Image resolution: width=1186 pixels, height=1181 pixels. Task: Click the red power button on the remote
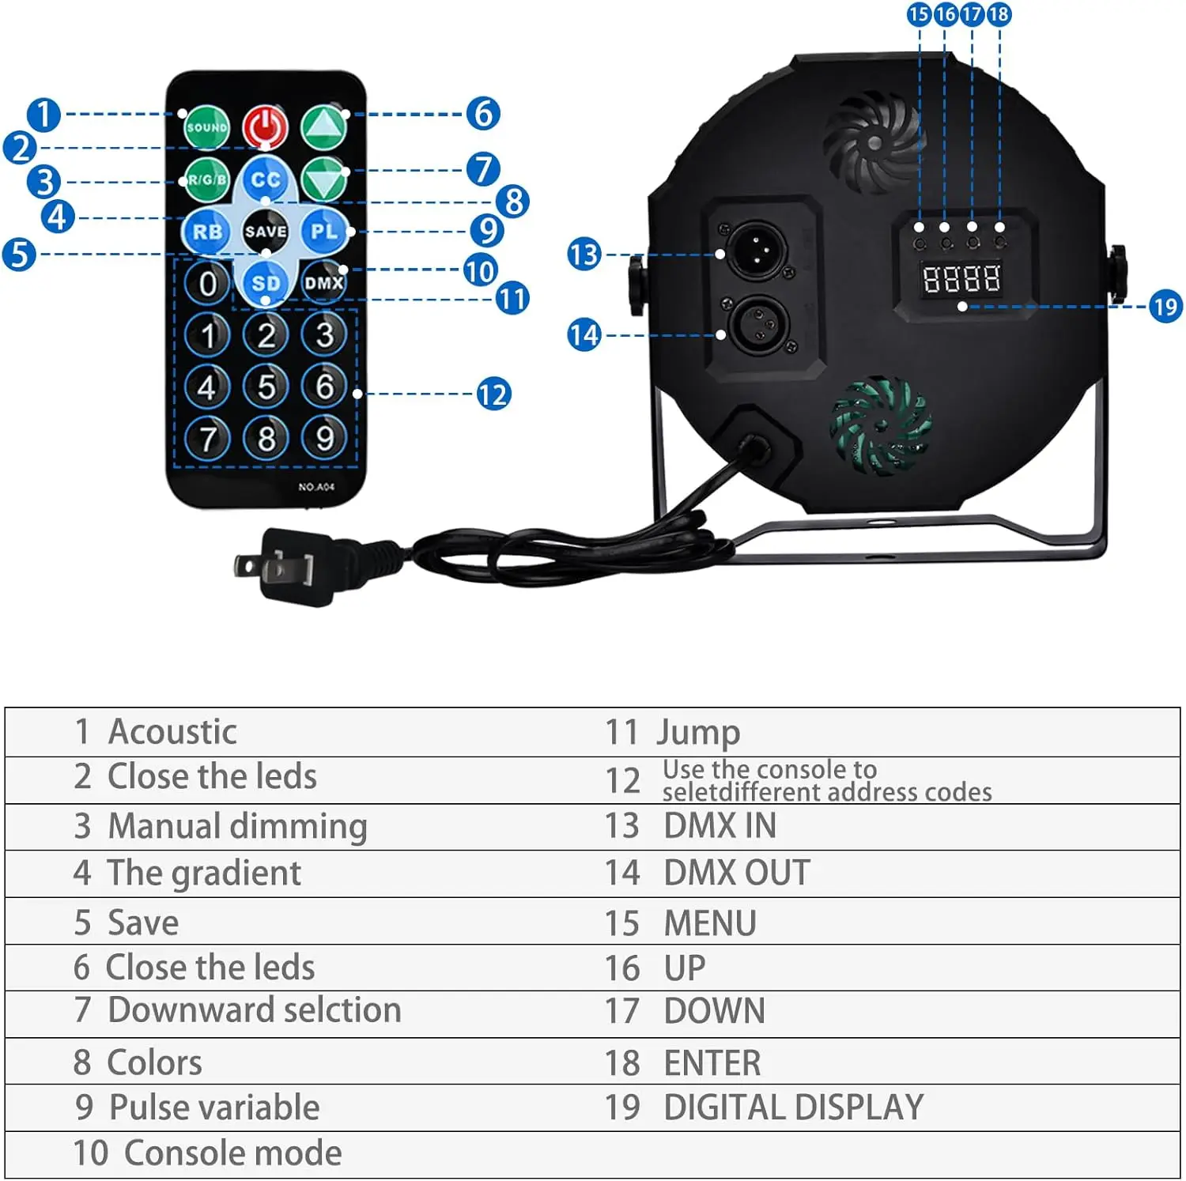pos(265,126)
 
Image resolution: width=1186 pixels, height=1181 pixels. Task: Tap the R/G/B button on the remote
pos(207,180)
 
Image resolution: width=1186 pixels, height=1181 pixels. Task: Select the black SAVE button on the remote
pos(265,231)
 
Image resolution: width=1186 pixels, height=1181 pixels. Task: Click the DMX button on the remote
pos(324,282)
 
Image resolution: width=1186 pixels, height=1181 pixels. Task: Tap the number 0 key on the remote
pos(207,283)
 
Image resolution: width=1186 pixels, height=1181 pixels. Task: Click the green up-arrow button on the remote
pos(324,126)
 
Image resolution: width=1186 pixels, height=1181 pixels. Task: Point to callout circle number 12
pos(493,394)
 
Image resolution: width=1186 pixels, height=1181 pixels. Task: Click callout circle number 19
pos(1165,307)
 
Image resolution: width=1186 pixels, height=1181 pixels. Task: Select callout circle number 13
pos(584,255)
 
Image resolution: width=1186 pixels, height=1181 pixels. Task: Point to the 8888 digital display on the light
pos(961,278)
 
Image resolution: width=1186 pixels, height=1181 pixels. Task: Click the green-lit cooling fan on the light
pos(880,425)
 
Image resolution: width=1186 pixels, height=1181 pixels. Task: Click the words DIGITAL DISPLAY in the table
pos(793,1107)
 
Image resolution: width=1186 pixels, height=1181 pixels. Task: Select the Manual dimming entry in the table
pos(237,826)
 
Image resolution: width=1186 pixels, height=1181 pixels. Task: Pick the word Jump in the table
pos(698,732)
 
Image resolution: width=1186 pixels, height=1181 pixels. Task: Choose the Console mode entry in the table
pos(232,1153)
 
